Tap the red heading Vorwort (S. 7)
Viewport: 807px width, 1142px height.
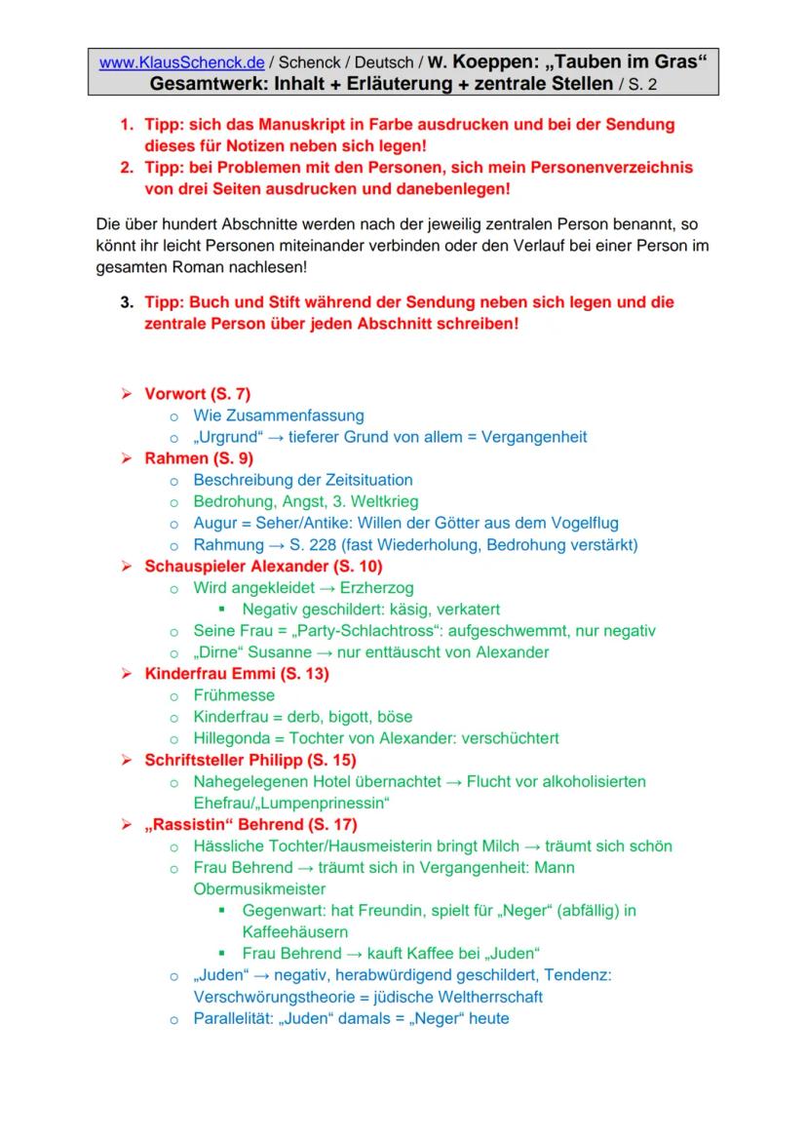[198, 394]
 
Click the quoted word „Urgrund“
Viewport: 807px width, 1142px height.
[222, 437]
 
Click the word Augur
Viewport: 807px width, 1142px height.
[214, 523]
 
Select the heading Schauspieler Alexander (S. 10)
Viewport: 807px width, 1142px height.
[263, 566]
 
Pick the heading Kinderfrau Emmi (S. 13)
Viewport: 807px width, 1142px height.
[237, 674]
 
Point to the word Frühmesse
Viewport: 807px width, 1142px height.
[234, 695]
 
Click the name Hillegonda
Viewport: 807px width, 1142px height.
[234, 738]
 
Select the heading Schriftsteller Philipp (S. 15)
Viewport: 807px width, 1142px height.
[250, 760]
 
